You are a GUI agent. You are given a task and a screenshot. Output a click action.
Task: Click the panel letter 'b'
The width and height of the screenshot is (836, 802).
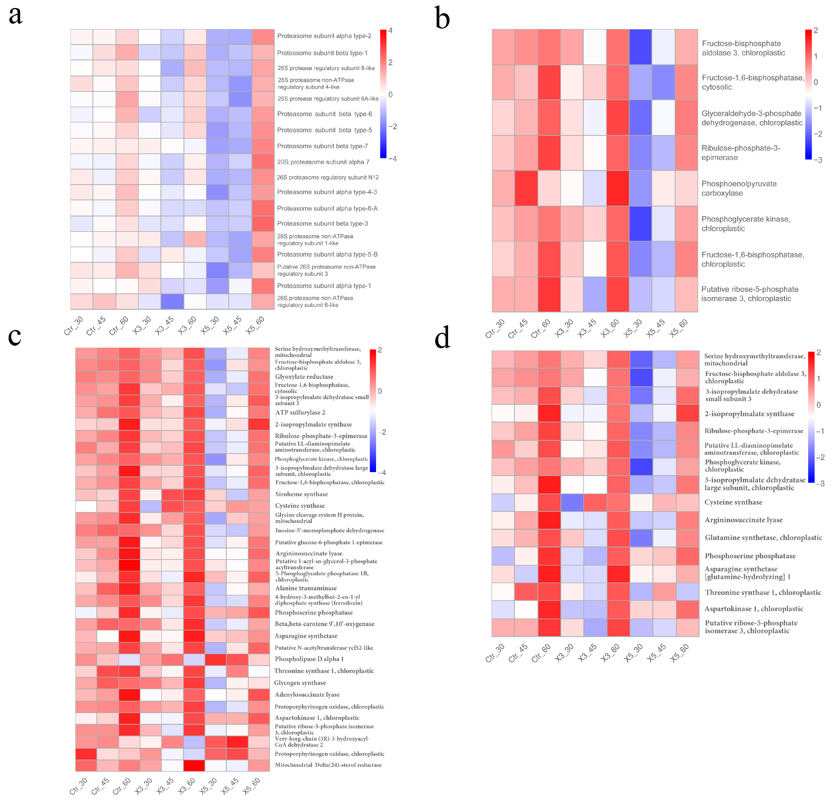click(442, 19)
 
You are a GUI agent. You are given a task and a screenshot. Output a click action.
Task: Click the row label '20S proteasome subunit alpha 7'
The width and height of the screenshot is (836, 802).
click(323, 162)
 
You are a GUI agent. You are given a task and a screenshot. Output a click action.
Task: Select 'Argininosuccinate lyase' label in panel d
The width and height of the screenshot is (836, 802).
click(743, 520)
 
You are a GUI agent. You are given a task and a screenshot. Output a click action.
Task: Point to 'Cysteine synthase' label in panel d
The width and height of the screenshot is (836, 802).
click(733, 502)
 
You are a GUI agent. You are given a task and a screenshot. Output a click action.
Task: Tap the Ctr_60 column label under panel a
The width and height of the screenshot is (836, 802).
click(119, 326)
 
